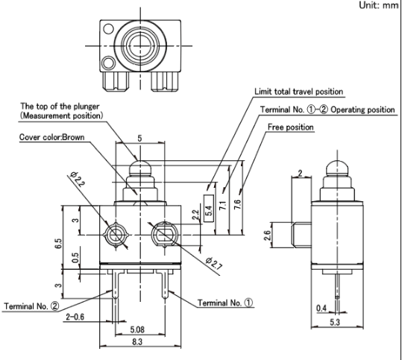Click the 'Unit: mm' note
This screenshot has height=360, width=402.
378,5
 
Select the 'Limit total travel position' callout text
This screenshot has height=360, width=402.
298,92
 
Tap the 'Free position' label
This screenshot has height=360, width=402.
290,127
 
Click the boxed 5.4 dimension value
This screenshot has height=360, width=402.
209,208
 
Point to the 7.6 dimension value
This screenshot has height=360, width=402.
238,204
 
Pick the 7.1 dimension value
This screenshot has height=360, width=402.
223,205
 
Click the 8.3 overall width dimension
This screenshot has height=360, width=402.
137,341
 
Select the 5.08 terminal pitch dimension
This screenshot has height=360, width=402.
137,329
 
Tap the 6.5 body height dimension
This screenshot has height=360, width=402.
58,243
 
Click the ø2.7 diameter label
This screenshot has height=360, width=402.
213,263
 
